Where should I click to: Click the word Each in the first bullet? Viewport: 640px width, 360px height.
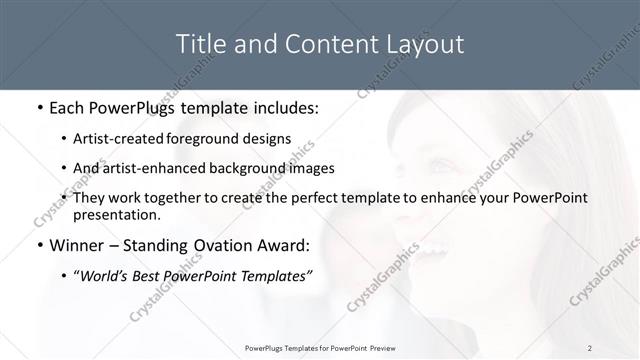(x=69, y=106)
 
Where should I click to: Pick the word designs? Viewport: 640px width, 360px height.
(x=269, y=138)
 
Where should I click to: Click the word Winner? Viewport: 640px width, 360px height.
(x=76, y=245)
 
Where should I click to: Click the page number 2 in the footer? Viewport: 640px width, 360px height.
(x=590, y=347)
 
